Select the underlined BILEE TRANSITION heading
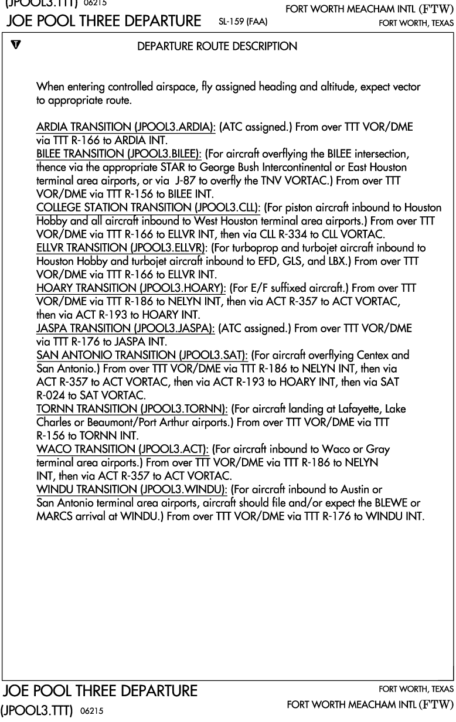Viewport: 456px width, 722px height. [119, 154]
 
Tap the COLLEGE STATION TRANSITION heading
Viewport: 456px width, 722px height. [149, 207]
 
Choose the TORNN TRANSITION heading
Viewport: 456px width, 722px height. [132, 408]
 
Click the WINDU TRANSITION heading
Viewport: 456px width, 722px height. [132, 489]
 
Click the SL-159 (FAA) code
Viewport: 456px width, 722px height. [242, 23]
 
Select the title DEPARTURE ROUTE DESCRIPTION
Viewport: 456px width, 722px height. [217, 46]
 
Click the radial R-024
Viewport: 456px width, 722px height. [49, 395]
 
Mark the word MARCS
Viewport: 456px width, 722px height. [53, 516]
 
